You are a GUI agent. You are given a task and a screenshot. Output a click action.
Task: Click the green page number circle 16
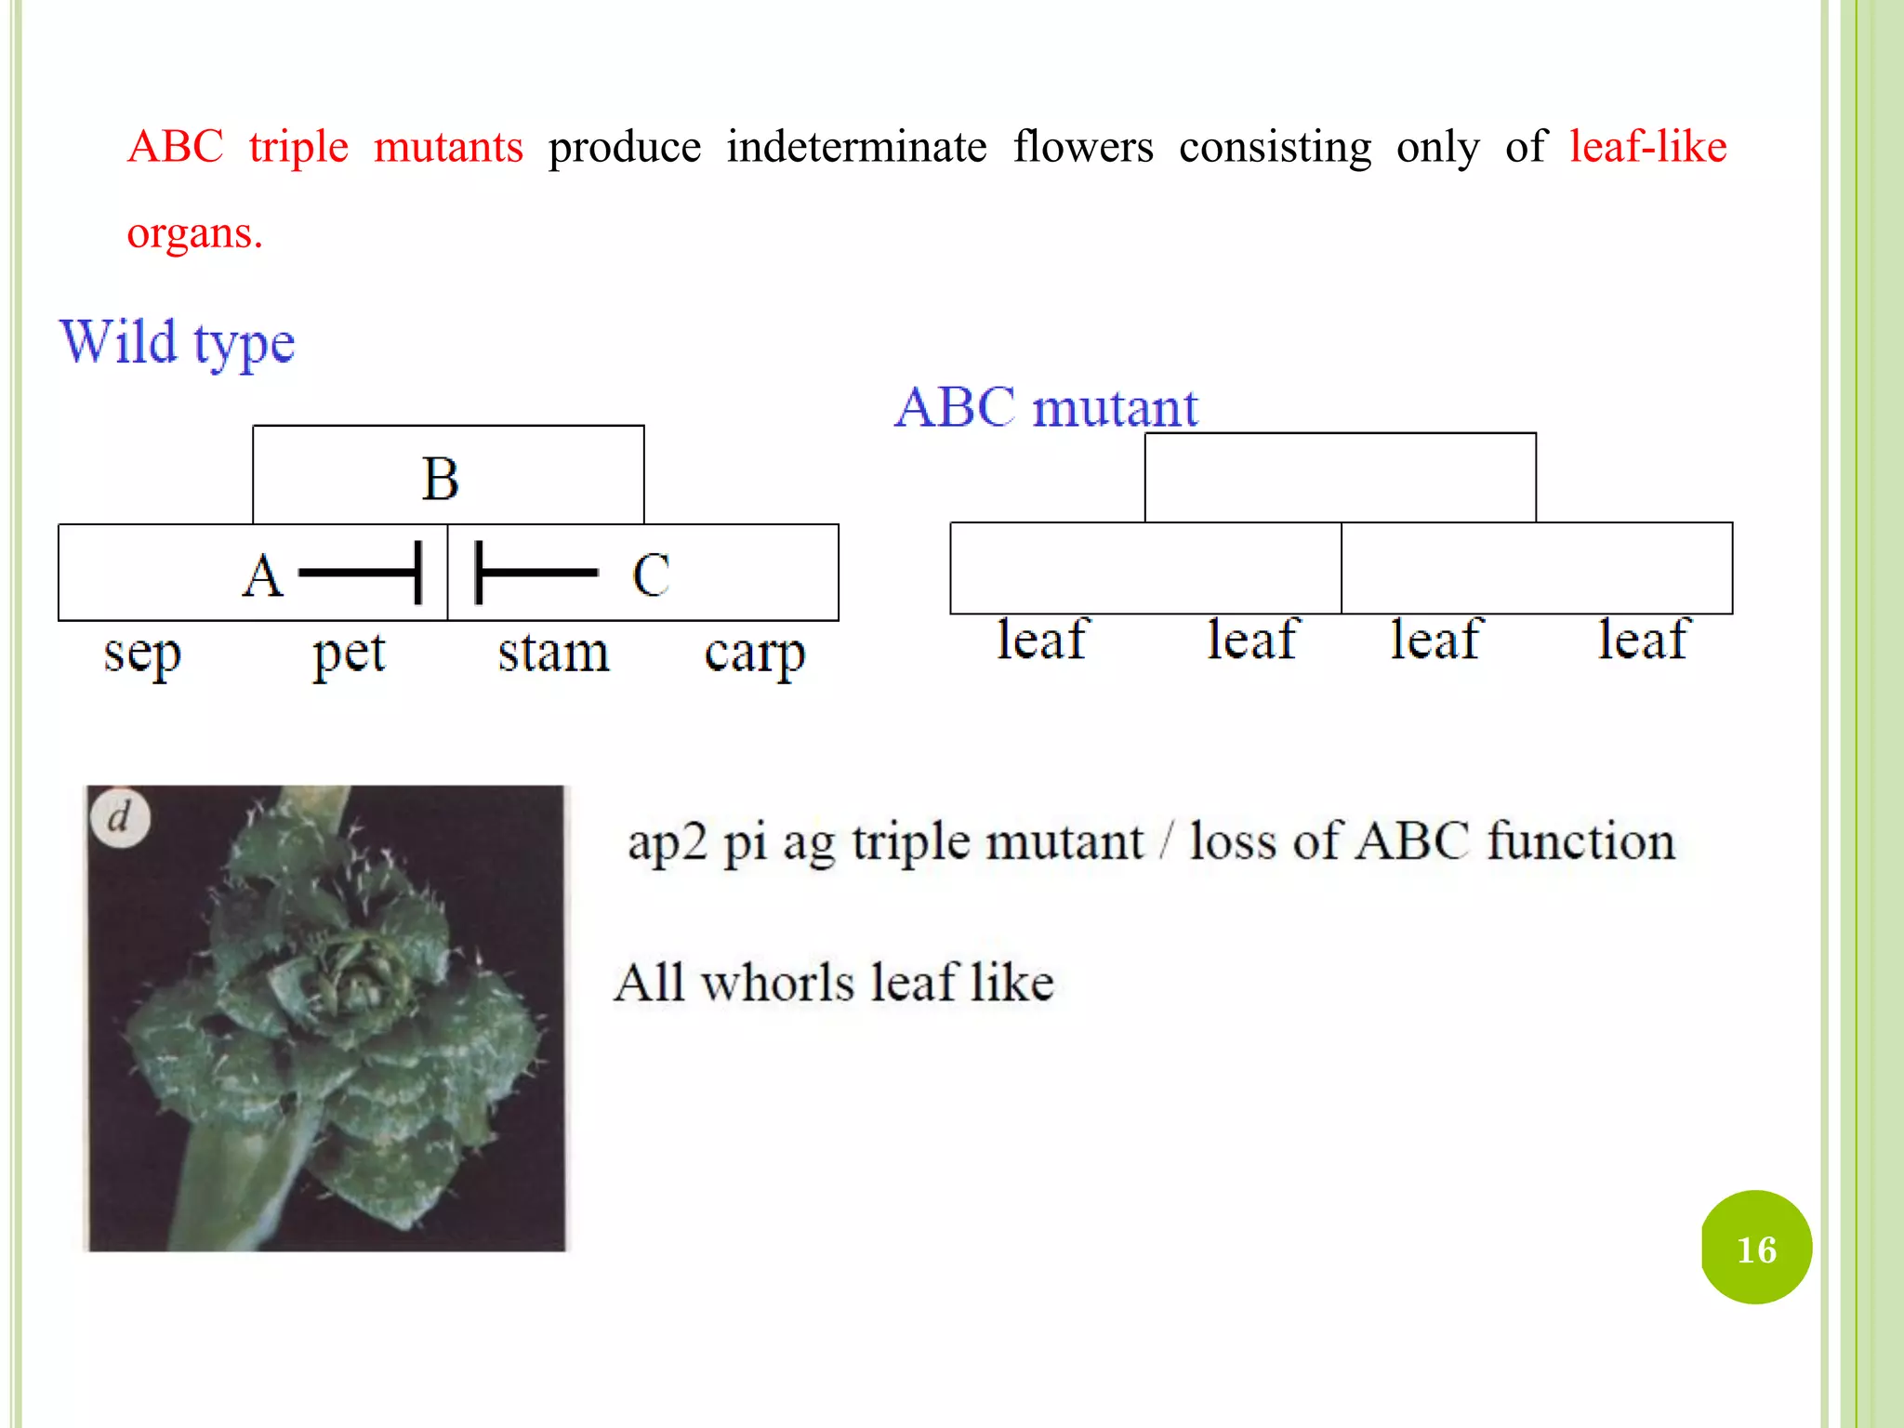[1755, 1248]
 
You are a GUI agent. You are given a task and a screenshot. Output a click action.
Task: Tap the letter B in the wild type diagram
[440, 479]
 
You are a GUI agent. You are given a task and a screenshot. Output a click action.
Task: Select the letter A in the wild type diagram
[262, 575]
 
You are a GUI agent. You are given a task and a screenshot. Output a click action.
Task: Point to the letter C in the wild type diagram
[651, 575]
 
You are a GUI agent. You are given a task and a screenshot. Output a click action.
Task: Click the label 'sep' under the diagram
[141, 654]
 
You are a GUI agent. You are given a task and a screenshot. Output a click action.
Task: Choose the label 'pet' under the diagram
[349, 654]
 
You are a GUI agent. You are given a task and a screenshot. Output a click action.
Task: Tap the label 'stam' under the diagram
[554, 653]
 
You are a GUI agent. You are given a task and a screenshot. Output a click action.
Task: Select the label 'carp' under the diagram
[754, 654]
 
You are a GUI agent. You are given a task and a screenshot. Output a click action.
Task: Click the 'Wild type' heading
[177, 343]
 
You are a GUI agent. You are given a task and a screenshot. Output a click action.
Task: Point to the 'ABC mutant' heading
[1046, 407]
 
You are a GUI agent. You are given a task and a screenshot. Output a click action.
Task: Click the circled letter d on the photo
[120, 818]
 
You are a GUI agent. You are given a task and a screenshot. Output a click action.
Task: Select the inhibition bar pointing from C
[535, 573]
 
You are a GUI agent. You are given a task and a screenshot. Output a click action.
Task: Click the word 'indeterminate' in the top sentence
[856, 147]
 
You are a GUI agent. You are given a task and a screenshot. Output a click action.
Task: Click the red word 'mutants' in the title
[448, 147]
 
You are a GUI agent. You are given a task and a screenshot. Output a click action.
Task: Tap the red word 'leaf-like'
[1647, 147]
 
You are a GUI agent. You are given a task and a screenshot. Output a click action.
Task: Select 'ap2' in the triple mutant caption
[667, 842]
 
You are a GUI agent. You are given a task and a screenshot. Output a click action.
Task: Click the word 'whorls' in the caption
[777, 983]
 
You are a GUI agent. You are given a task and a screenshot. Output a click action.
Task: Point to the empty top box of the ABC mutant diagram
[1340, 478]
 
